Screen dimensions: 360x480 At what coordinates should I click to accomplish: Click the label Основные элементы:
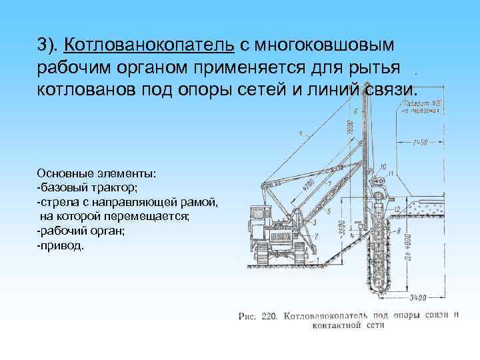[x=97, y=173]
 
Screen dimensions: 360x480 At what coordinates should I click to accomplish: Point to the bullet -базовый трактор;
[x=87, y=188]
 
